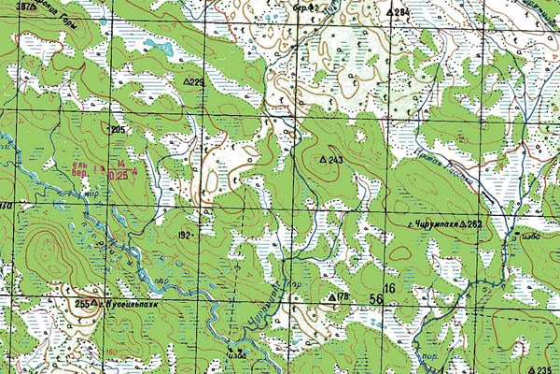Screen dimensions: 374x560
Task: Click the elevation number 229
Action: pos(198,82)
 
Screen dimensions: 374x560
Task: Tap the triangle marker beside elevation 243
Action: pos(324,161)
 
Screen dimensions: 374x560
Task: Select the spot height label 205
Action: pos(117,129)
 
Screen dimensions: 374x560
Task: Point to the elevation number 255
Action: pos(81,303)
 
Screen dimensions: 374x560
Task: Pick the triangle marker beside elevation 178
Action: pos(330,296)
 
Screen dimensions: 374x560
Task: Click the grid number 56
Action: pos(375,298)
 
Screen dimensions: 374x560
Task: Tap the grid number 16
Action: pos(389,289)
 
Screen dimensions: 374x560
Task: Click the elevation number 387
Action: pos(11,7)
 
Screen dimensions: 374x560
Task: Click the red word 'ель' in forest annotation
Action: pos(82,165)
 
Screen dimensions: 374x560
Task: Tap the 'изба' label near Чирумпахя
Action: pos(533,236)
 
